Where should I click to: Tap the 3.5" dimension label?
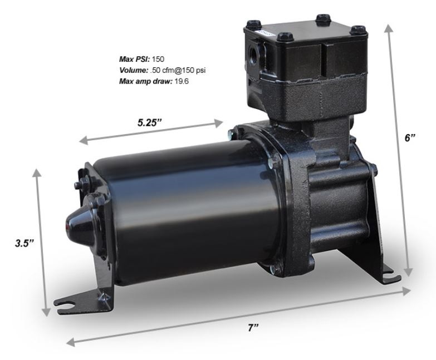pos(25,243)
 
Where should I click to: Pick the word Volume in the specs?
pos(133,70)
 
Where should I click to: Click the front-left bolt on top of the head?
pos(248,26)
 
